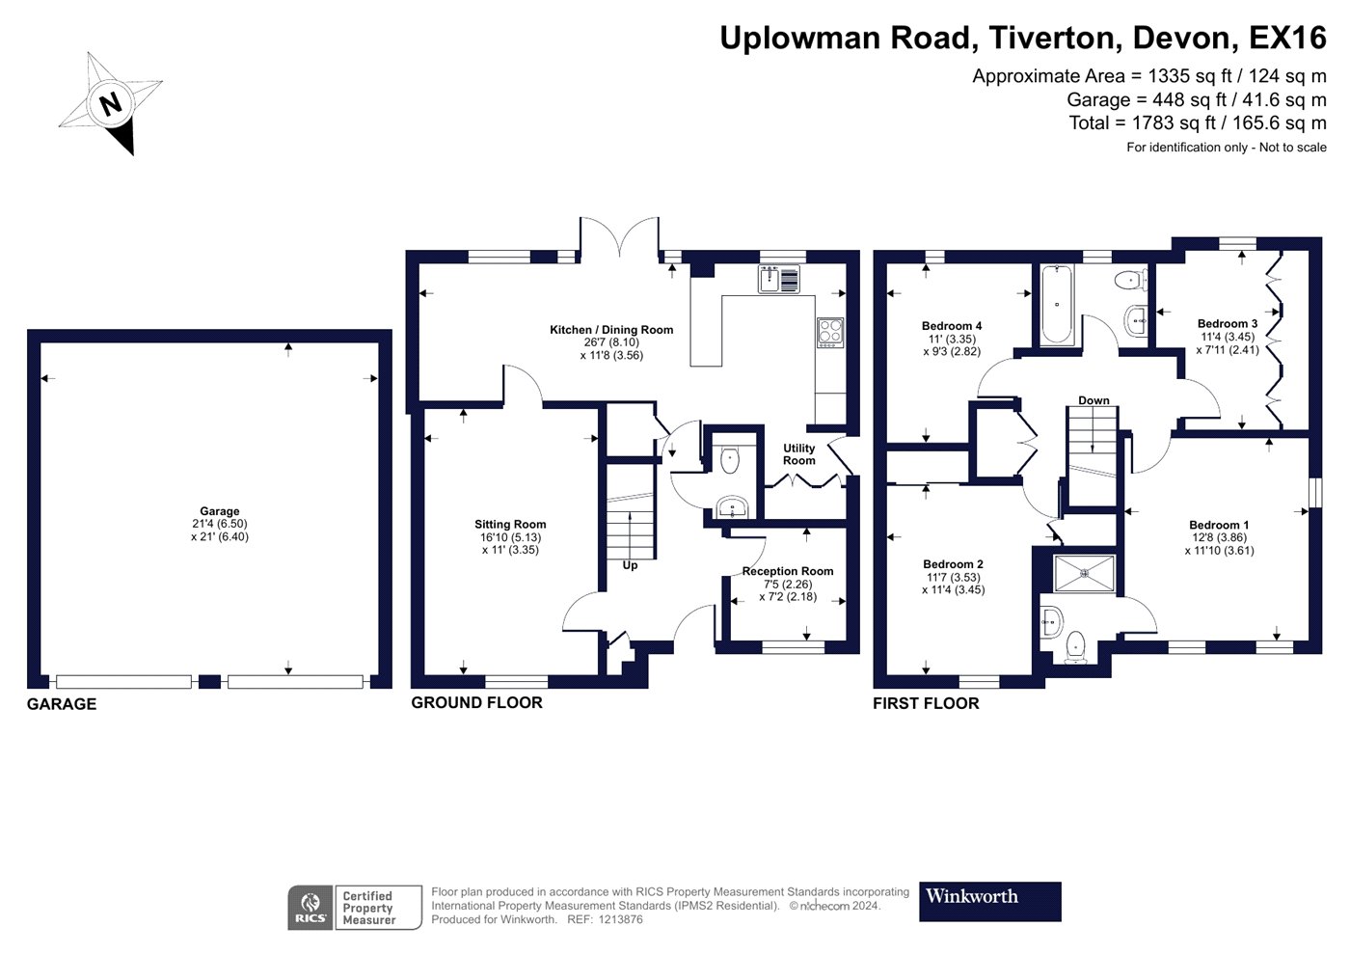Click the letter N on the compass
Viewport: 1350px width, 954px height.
tap(112, 103)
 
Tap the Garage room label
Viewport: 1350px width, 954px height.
tap(220, 512)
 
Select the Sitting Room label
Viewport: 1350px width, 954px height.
tap(510, 525)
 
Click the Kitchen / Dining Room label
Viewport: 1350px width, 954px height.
tap(611, 330)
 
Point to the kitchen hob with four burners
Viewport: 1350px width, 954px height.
tap(830, 332)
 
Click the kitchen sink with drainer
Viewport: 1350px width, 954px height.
tap(779, 280)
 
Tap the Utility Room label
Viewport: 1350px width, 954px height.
tap(798, 454)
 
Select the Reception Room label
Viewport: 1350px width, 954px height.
tap(787, 571)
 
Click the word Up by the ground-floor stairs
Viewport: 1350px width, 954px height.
tap(630, 565)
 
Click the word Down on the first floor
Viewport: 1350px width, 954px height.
tap(1093, 400)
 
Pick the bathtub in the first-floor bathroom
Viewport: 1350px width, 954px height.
tap(1057, 304)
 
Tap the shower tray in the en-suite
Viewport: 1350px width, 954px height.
tap(1084, 573)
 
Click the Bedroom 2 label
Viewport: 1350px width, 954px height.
tap(953, 564)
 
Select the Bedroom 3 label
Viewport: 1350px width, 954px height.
tap(1228, 324)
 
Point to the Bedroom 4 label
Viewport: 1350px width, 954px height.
tap(952, 326)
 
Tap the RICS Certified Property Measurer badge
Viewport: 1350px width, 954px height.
tap(355, 908)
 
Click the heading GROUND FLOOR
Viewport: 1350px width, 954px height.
tap(476, 703)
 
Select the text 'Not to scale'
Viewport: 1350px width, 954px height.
tap(1292, 148)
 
